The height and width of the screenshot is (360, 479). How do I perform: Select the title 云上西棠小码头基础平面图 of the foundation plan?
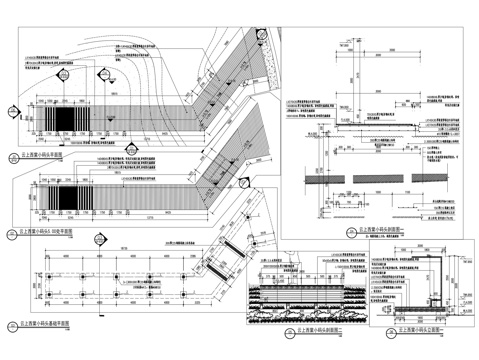(x=50, y=325)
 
